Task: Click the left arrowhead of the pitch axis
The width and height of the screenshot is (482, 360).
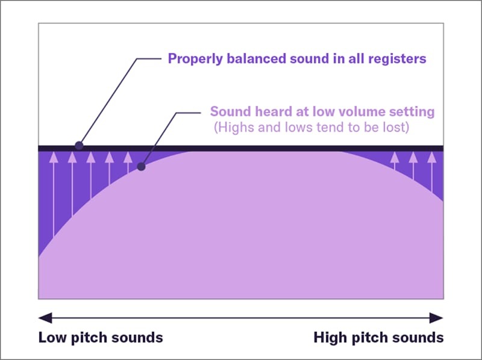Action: click(x=42, y=318)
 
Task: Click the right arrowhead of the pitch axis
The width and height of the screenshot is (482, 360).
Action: click(x=439, y=318)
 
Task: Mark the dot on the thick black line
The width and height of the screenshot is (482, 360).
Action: click(x=78, y=146)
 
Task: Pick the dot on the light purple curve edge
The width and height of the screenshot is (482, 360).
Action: click(x=142, y=167)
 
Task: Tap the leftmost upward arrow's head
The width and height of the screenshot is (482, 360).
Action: click(x=53, y=157)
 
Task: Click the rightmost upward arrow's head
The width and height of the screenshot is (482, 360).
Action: click(x=431, y=157)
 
